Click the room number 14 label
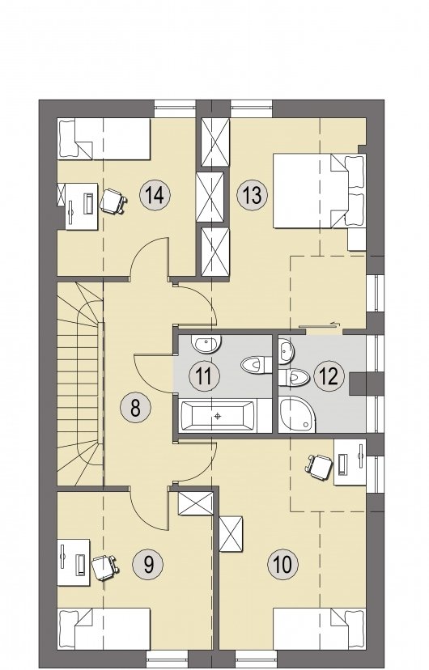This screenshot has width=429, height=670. pyautogui.click(x=155, y=195)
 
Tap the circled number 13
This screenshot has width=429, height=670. pyautogui.click(x=252, y=195)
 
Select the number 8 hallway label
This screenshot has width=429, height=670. pyautogui.click(x=135, y=407)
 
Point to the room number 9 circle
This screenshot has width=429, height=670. pyautogui.click(x=148, y=565)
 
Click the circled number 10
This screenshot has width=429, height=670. pyautogui.click(x=282, y=564)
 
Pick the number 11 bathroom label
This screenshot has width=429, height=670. pyautogui.click(x=204, y=376)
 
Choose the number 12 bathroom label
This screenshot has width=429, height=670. pyautogui.click(x=329, y=376)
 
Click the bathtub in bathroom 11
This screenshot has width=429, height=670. pyautogui.click(x=219, y=416)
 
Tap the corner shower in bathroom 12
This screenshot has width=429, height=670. pyautogui.click(x=297, y=413)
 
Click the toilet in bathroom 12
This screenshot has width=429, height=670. pyautogui.click(x=294, y=377)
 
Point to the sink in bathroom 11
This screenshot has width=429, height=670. pyautogui.click(x=206, y=344)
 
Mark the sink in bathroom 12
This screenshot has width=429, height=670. pyautogui.click(x=287, y=352)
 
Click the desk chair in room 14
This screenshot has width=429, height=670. pyautogui.click(x=113, y=201)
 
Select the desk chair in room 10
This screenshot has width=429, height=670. pyautogui.click(x=319, y=466)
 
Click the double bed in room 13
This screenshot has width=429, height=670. pyautogui.click(x=319, y=191)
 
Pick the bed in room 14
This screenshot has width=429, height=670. pyautogui.click(x=104, y=139)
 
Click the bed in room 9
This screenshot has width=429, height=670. pyautogui.click(x=104, y=629)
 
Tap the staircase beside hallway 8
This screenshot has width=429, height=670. pyautogui.click(x=80, y=384)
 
